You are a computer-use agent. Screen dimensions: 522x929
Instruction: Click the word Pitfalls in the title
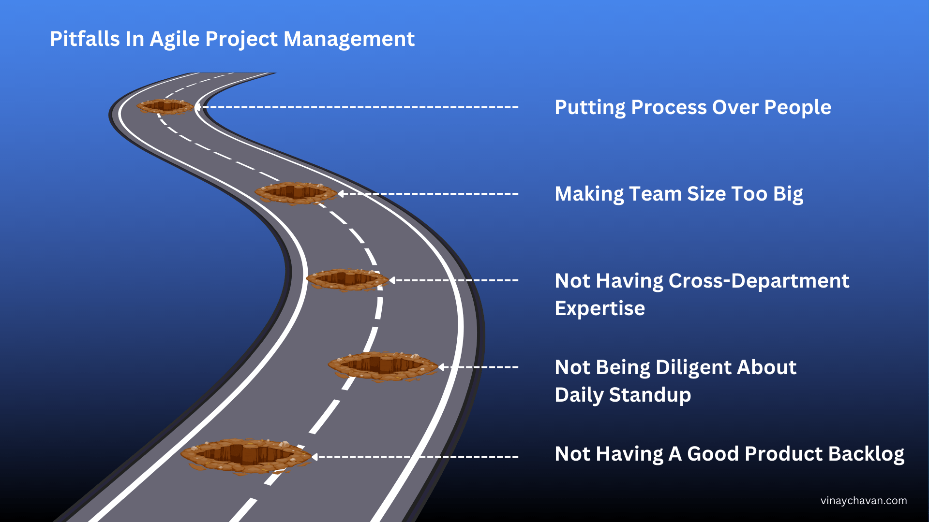[x=85, y=39]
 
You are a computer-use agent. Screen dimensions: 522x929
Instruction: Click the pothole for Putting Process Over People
[x=165, y=106]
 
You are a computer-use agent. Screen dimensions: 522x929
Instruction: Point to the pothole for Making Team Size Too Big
[x=296, y=193]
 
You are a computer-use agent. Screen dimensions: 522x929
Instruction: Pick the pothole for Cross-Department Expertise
[x=347, y=279]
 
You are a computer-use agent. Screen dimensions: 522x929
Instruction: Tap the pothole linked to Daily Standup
[x=383, y=366]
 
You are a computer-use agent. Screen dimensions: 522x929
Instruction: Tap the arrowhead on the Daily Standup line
[x=441, y=367]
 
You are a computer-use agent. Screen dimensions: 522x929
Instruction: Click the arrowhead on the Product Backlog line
[x=315, y=456]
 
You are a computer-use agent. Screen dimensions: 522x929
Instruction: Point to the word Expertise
[x=599, y=308]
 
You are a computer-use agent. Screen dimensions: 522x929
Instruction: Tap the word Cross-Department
[x=759, y=281]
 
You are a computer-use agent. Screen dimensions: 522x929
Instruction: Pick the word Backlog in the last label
[x=866, y=454]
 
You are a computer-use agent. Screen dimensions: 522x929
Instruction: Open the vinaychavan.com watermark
[x=864, y=501]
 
